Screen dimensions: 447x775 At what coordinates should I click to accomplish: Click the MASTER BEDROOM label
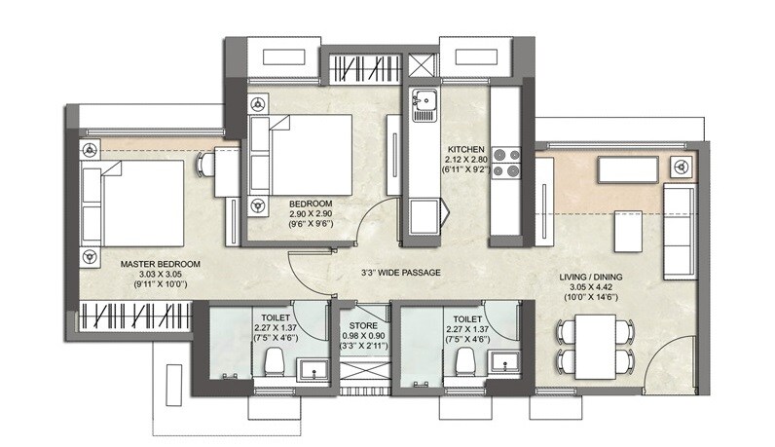[161, 264]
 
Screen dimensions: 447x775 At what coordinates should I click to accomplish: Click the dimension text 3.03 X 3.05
[161, 275]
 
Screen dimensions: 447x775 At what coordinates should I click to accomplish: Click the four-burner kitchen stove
[506, 162]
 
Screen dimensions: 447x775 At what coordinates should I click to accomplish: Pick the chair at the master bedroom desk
[206, 166]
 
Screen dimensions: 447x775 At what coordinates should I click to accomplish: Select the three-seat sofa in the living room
[678, 229]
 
